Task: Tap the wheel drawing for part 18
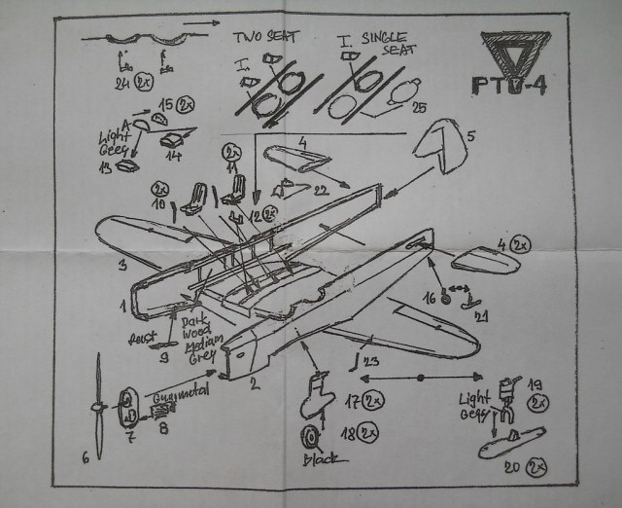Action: [312, 436]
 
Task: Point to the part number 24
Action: [122, 84]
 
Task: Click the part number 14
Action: [174, 155]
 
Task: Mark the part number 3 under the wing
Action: [122, 264]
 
